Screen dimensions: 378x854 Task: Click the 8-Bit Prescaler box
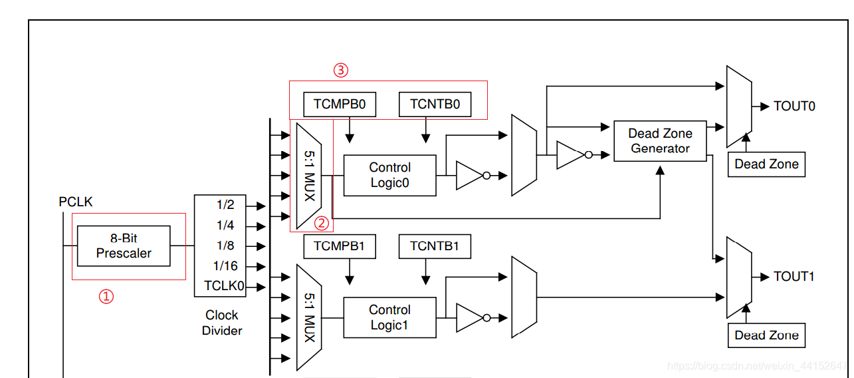124,246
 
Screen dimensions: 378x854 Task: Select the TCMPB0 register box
339,104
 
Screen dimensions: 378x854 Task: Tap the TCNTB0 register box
435,104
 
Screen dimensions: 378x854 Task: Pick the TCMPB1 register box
339,247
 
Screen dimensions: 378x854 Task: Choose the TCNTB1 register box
435,247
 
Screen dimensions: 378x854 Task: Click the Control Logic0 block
389,176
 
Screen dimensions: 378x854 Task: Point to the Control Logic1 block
389,317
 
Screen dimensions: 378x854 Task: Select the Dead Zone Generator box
660,141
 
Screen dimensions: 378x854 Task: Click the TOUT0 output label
794,106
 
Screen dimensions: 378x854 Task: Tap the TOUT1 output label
794,277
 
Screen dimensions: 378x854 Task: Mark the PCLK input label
76,202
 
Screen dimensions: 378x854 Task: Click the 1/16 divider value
225,266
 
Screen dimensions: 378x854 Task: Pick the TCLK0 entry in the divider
224,287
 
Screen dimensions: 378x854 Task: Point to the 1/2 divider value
225,205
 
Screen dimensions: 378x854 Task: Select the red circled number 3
340,69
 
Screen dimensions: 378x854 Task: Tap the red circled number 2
321,223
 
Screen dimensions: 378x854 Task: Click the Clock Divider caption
222,323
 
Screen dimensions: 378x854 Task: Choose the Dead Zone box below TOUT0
766,164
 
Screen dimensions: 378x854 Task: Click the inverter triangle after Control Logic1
469,317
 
